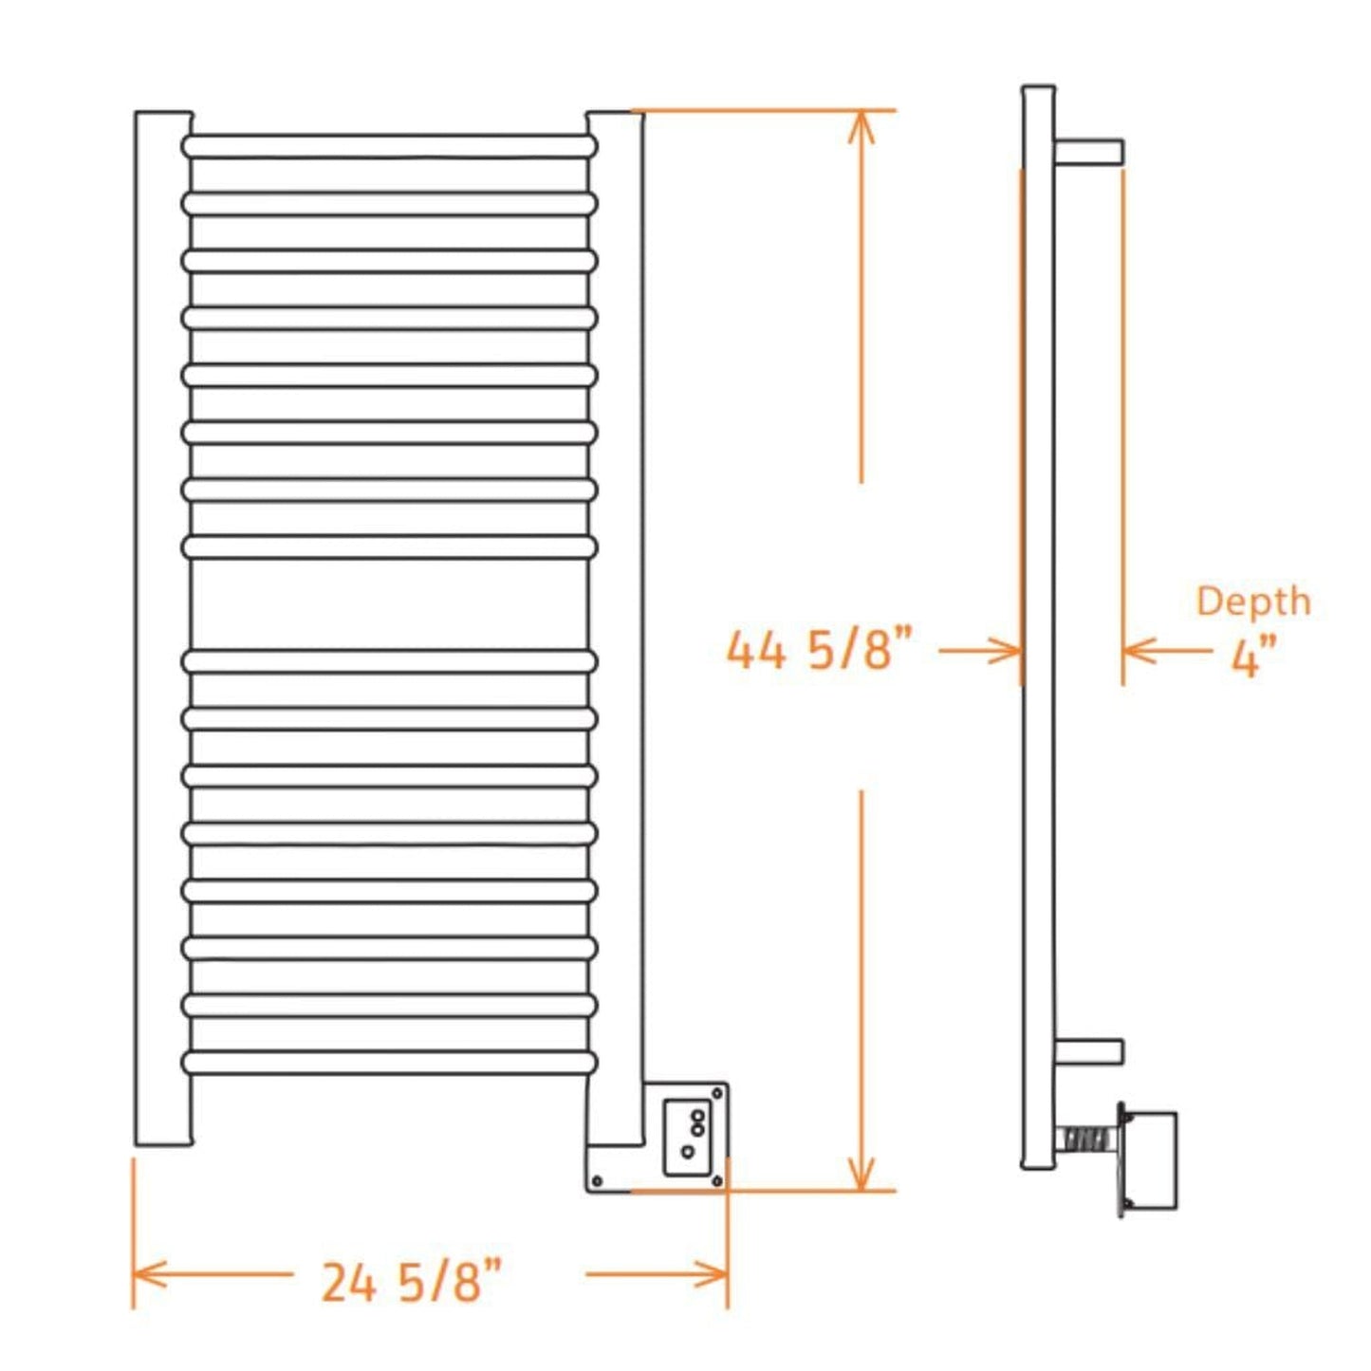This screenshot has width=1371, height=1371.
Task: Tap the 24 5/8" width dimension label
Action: [x=410, y=1282]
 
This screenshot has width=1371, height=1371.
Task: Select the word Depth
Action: [x=1252, y=602]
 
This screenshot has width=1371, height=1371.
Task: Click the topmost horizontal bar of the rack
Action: [x=389, y=146]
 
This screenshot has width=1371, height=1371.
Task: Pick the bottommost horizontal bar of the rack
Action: [x=389, y=1062]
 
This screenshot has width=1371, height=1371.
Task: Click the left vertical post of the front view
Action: [x=162, y=626]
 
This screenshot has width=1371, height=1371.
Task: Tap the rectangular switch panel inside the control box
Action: [x=687, y=1137]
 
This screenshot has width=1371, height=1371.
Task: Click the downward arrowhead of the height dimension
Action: [x=861, y=1176]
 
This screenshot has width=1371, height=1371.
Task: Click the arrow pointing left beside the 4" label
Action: [x=1139, y=651]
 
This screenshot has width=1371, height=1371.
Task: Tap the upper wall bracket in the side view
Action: [x=1089, y=151]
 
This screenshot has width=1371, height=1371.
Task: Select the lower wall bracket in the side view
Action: [x=1089, y=1051]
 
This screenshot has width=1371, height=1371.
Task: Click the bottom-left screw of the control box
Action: [x=597, y=1180]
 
